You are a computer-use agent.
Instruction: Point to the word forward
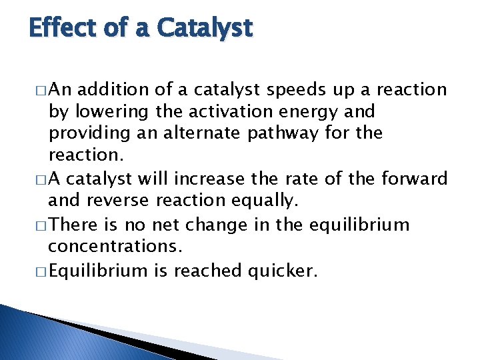(414, 179)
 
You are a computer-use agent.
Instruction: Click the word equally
(261, 201)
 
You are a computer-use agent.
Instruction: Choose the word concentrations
(114, 246)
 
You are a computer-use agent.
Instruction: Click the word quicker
(285, 270)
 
